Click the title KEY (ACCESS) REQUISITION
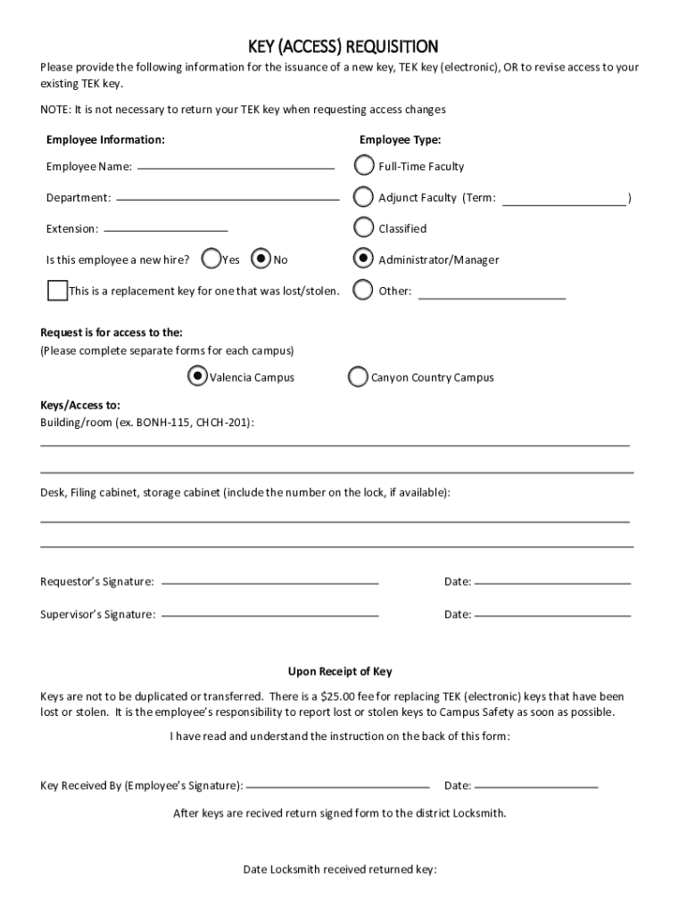pos(343,46)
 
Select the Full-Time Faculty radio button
pos(364,166)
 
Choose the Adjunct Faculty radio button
pos(364,197)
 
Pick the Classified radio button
pos(364,228)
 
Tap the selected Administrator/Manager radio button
pos(364,259)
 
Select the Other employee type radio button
pos(364,290)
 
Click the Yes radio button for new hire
pos(212,259)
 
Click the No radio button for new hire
pos(261,259)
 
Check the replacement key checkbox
pos(57,291)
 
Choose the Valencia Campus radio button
pos(198,376)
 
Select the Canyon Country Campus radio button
pos(358,377)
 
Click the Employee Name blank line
pos(236,167)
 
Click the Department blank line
pos(228,198)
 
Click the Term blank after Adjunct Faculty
pos(565,199)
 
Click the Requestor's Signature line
pos(270,582)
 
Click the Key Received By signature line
pos(337,786)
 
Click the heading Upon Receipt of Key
pos(340,671)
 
